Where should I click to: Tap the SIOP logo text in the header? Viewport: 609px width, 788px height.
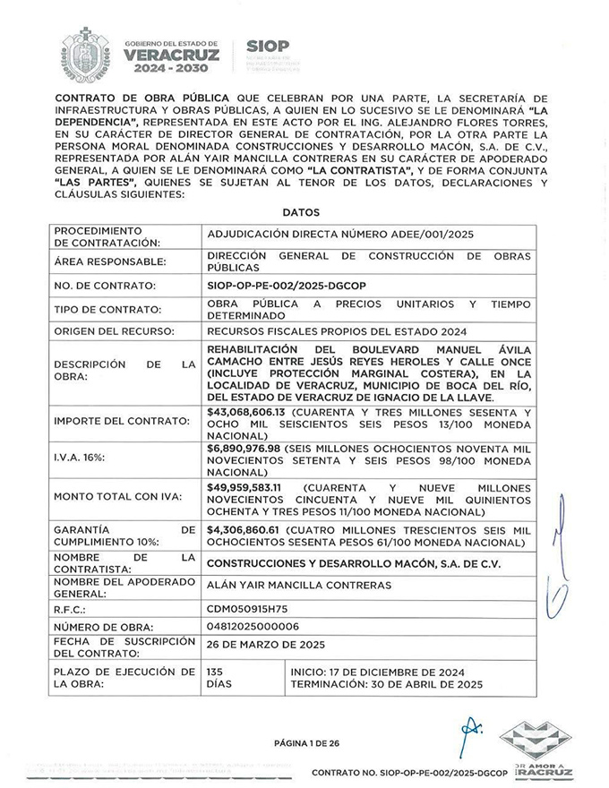pyautogui.click(x=267, y=47)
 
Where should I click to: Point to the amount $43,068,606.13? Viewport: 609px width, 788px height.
pyautogui.click(x=245, y=412)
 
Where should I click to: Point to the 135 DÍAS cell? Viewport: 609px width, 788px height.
pyautogui.click(x=219, y=677)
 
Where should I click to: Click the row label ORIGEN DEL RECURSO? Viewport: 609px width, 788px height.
pyautogui.click(x=116, y=332)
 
